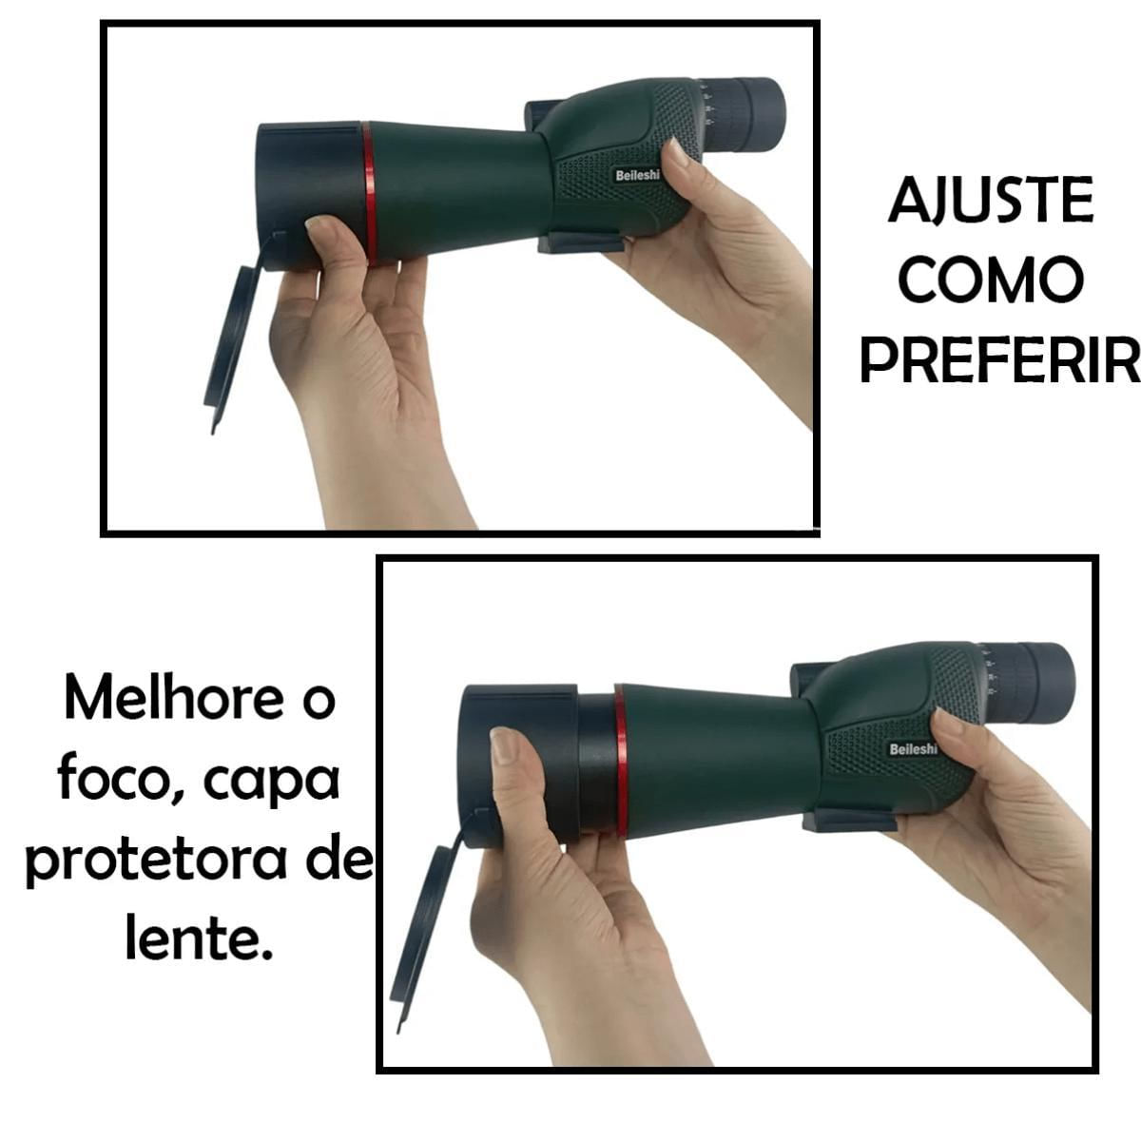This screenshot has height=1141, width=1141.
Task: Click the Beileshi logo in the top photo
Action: [637, 176]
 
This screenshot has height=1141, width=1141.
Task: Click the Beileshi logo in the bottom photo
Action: [914, 749]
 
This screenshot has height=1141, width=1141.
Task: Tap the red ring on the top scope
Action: [368, 193]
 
